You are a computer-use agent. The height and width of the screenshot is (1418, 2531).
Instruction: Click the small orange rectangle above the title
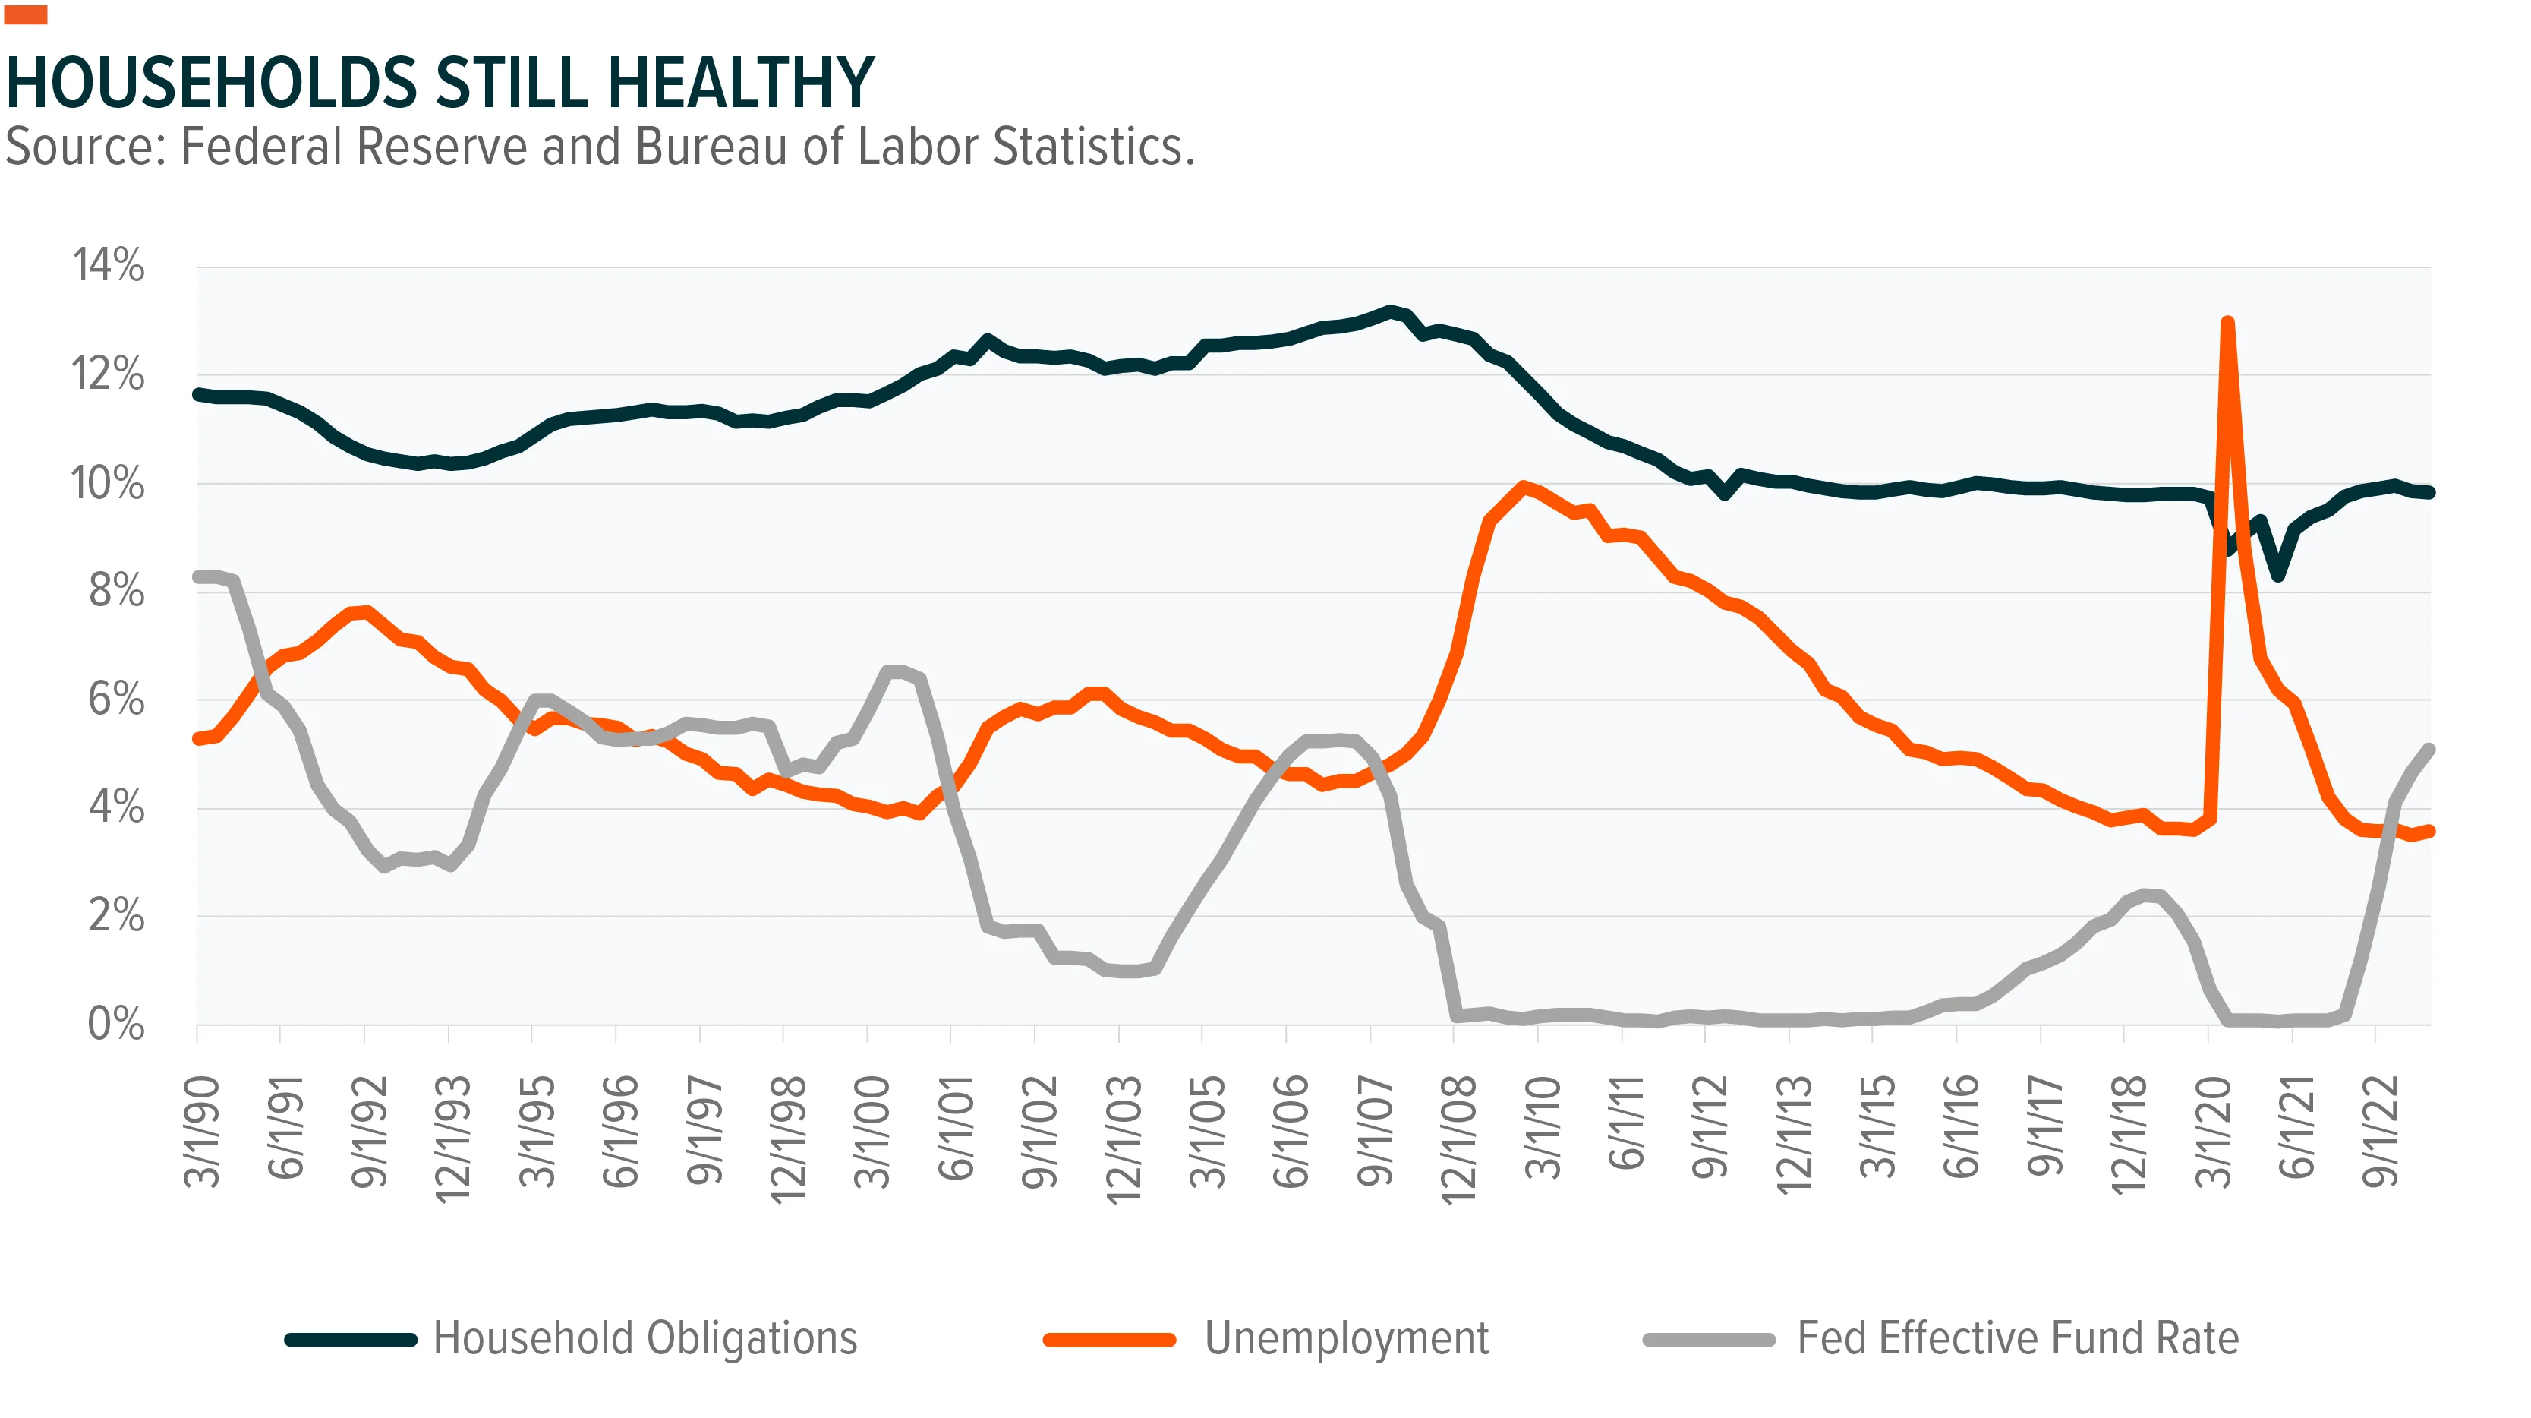[26, 14]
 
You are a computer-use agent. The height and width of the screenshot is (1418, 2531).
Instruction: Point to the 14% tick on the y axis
[108, 265]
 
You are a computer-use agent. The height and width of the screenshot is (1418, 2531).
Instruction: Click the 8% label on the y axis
[116, 591]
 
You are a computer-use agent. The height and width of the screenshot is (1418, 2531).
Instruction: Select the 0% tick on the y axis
[116, 1024]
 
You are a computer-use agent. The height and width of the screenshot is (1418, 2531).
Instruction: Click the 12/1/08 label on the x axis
[1459, 1138]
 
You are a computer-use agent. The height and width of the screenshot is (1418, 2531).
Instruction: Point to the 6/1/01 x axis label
[956, 1127]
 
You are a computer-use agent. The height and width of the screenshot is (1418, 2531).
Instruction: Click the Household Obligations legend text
[645, 1338]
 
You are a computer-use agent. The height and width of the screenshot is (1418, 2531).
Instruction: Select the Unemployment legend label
[1346, 1338]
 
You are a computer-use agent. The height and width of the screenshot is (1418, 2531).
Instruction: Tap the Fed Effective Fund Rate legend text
[2018, 1338]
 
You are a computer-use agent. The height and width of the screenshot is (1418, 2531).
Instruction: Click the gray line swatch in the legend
[1709, 1339]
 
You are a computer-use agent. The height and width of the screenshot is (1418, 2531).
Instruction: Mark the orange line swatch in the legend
[1109, 1339]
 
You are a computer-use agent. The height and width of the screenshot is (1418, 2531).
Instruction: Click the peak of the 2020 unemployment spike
[2227, 321]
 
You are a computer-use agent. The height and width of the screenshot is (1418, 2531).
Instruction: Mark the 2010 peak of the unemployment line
[1523, 485]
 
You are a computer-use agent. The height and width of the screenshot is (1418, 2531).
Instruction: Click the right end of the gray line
[2430, 749]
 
